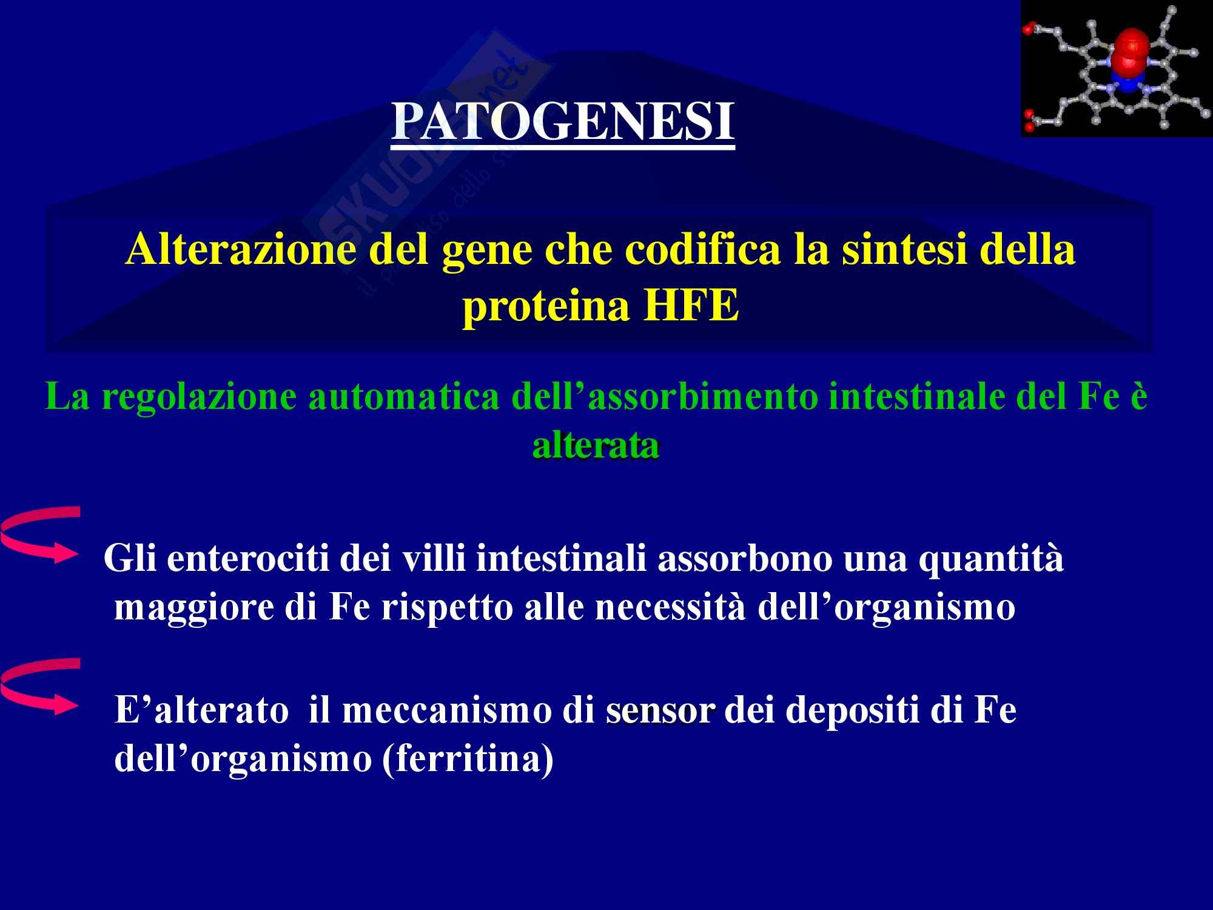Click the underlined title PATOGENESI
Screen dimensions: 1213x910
[x=563, y=121]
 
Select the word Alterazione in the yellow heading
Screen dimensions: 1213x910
[x=240, y=250]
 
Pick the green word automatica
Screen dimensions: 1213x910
[x=403, y=397]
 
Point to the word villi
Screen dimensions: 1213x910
[x=434, y=559]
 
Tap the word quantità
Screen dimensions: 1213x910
[x=991, y=560]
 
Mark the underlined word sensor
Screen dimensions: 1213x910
[x=660, y=711]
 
